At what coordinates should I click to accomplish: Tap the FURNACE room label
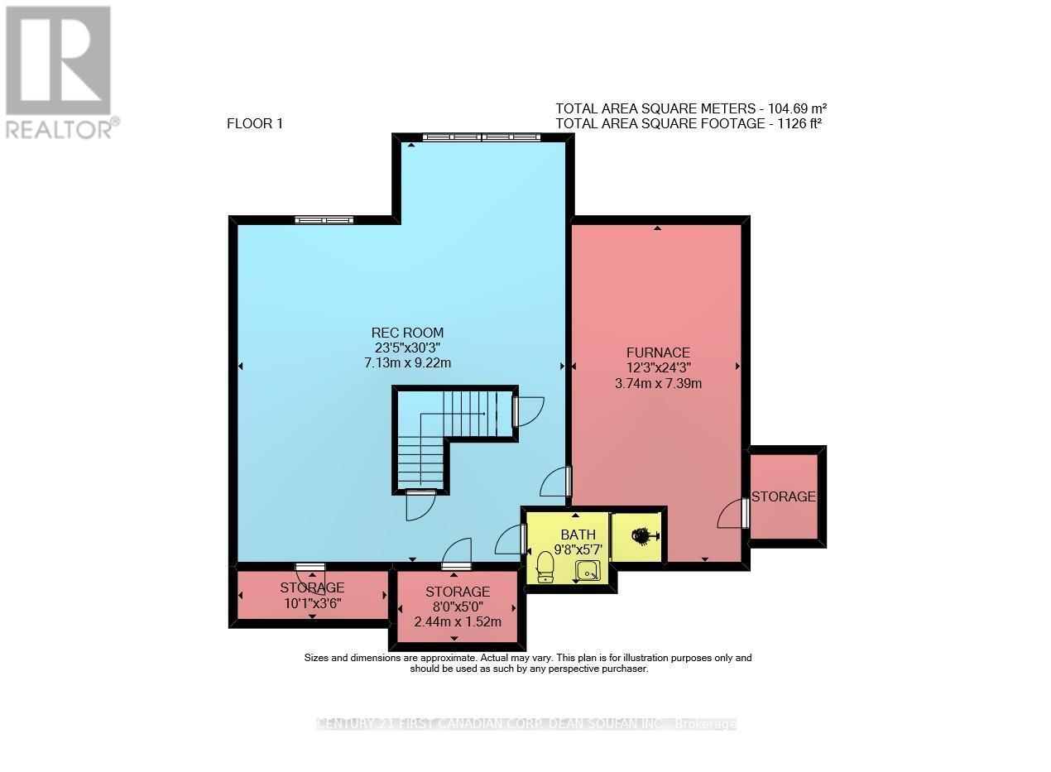click(658, 352)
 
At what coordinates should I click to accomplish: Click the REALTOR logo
click(60, 71)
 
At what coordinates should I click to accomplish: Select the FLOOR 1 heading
click(255, 124)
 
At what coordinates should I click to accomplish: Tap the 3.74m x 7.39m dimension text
click(658, 383)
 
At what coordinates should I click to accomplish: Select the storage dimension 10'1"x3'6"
click(312, 603)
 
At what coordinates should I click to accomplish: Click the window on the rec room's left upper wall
click(324, 220)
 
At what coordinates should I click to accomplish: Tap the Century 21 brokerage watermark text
click(526, 724)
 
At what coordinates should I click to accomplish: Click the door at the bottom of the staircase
click(420, 504)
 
